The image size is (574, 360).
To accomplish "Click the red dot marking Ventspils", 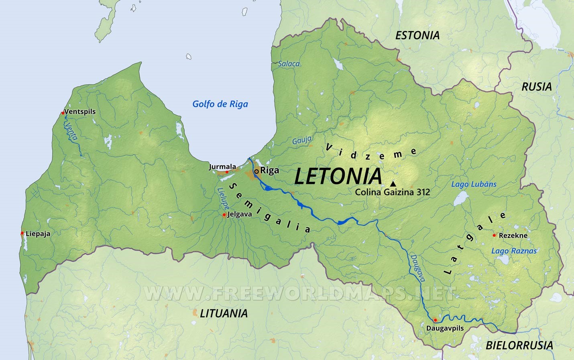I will coord(63,113).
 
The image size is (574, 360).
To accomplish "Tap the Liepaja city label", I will coord(38,234).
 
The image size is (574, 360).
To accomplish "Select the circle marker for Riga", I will coord(256,171).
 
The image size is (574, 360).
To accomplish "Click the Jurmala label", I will coord(222,167).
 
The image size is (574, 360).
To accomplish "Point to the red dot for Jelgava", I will coord(224,215).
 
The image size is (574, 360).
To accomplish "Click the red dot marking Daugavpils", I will coord(435,320).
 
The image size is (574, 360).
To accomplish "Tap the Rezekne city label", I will coord(513,236).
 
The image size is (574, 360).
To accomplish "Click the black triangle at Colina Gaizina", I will coord(393,183).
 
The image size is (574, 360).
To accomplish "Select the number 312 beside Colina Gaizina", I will coord(423,192).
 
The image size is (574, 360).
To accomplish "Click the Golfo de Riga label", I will coord(220,104).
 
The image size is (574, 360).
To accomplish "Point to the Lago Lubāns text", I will coord(474,184).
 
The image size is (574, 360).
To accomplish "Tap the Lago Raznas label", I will coord(514,251).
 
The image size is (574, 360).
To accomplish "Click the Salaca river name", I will coord(289,64).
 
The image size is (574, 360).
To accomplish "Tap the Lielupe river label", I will coord(223,198).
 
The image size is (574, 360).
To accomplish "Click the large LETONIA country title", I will coord(338,176).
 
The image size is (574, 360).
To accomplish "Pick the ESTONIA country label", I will coord(417,35).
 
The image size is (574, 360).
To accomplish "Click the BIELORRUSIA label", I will coord(519,345).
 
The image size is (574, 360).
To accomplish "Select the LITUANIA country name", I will coord(224,313).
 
